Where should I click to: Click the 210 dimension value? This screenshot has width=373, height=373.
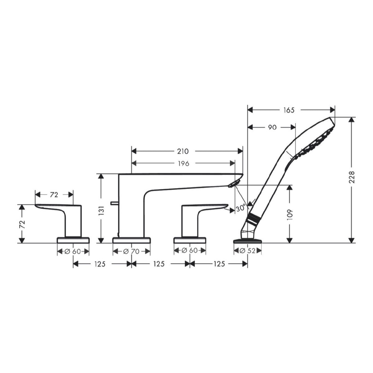point(183,151)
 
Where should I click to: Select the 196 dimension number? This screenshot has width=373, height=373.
point(183,163)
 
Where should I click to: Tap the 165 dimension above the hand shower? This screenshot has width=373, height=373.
point(289,110)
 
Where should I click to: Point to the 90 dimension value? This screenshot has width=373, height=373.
point(272,127)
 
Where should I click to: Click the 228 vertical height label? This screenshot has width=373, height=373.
point(352,177)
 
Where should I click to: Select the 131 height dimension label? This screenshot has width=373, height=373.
point(103,211)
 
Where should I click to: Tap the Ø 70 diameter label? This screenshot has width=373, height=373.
point(131,251)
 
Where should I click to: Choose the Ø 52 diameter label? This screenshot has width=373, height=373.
point(248,251)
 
